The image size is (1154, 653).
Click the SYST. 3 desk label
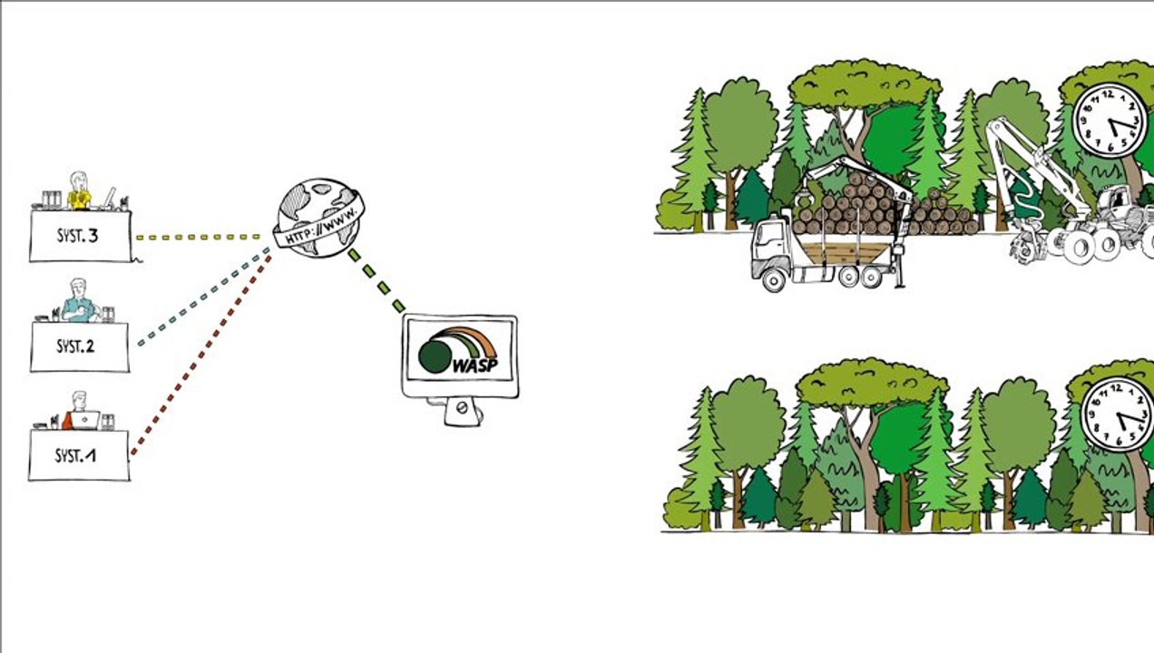[x=77, y=236]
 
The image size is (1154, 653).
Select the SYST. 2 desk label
[x=75, y=346]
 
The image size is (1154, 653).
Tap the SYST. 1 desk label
[x=75, y=456]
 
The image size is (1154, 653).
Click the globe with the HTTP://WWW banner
[x=319, y=218]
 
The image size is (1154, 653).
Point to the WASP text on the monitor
[x=475, y=365]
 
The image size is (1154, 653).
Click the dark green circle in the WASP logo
[x=435, y=356]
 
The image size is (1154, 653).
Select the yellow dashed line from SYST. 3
[x=199, y=238]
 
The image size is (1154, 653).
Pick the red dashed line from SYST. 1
[x=200, y=356]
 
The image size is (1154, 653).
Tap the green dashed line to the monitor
[x=377, y=281]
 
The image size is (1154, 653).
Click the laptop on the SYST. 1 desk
[x=85, y=420]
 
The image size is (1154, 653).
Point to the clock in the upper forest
[x=1110, y=121]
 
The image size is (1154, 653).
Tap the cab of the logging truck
[x=770, y=248]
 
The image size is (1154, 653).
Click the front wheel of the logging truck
[x=773, y=279]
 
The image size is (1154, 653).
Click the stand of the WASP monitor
[x=462, y=411]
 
